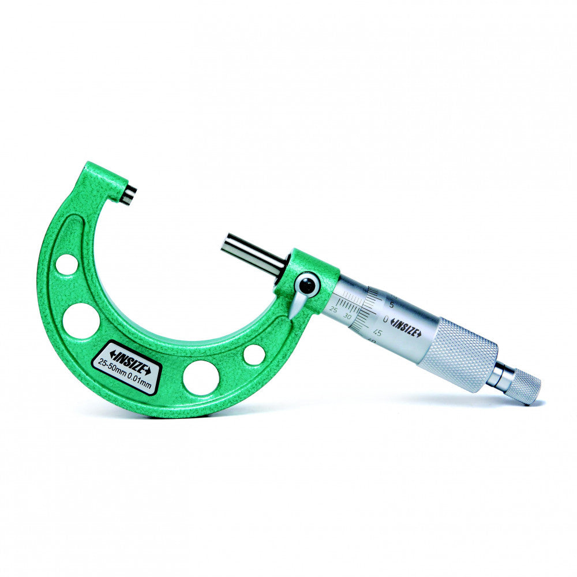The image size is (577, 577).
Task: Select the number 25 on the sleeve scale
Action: point(334,310)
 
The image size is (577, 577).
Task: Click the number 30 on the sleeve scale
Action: point(347,316)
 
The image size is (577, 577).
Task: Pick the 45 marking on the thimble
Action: point(378,332)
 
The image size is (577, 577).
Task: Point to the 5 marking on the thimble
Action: point(392,305)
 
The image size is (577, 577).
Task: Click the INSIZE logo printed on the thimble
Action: point(406,328)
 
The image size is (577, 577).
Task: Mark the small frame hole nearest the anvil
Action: point(67,265)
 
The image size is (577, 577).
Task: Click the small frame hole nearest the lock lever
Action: point(254,354)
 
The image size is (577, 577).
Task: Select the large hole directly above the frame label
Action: point(81,320)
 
